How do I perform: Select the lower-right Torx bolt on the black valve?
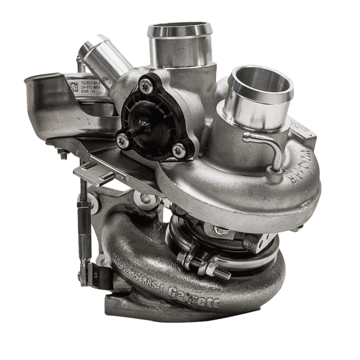(178, 150)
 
